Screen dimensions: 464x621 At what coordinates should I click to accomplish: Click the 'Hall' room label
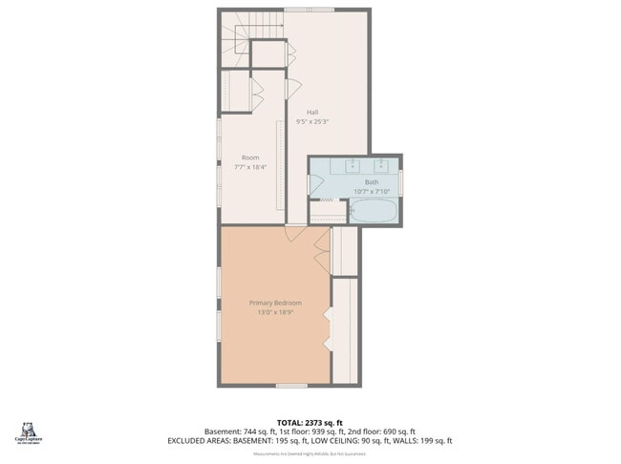click(x=312, y=113)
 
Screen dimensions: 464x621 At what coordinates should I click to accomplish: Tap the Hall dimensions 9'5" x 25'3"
click(x=312, y=122)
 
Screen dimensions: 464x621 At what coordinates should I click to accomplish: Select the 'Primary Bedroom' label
click(x=275, y=303)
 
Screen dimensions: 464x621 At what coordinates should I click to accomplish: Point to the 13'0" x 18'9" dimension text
click(x=275, y=312)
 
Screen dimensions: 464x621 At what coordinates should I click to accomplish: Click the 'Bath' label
click(x=371, y=182)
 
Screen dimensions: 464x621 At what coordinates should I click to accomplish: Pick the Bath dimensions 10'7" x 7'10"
click(x=371, y=191)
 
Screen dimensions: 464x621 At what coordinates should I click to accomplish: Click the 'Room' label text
click(x=249, y=158)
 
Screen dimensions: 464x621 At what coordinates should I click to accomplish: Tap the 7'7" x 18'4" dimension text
click(x=249, y=167)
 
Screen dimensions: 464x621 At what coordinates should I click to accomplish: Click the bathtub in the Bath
click(x=374, y=211)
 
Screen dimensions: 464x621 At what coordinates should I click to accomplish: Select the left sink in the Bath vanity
click(x=352, y=162)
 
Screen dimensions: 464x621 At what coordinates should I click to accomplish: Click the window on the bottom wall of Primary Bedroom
click(x=290, y=385)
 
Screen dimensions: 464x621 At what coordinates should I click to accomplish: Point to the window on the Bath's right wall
click(x=401, y=180)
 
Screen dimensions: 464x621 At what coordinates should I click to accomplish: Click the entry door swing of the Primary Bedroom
click(x=296, y=233)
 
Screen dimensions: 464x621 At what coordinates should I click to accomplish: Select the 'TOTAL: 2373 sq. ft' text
click(x=310, y=422)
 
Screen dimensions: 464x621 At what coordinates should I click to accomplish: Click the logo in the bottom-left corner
click(x=27, y=432)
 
